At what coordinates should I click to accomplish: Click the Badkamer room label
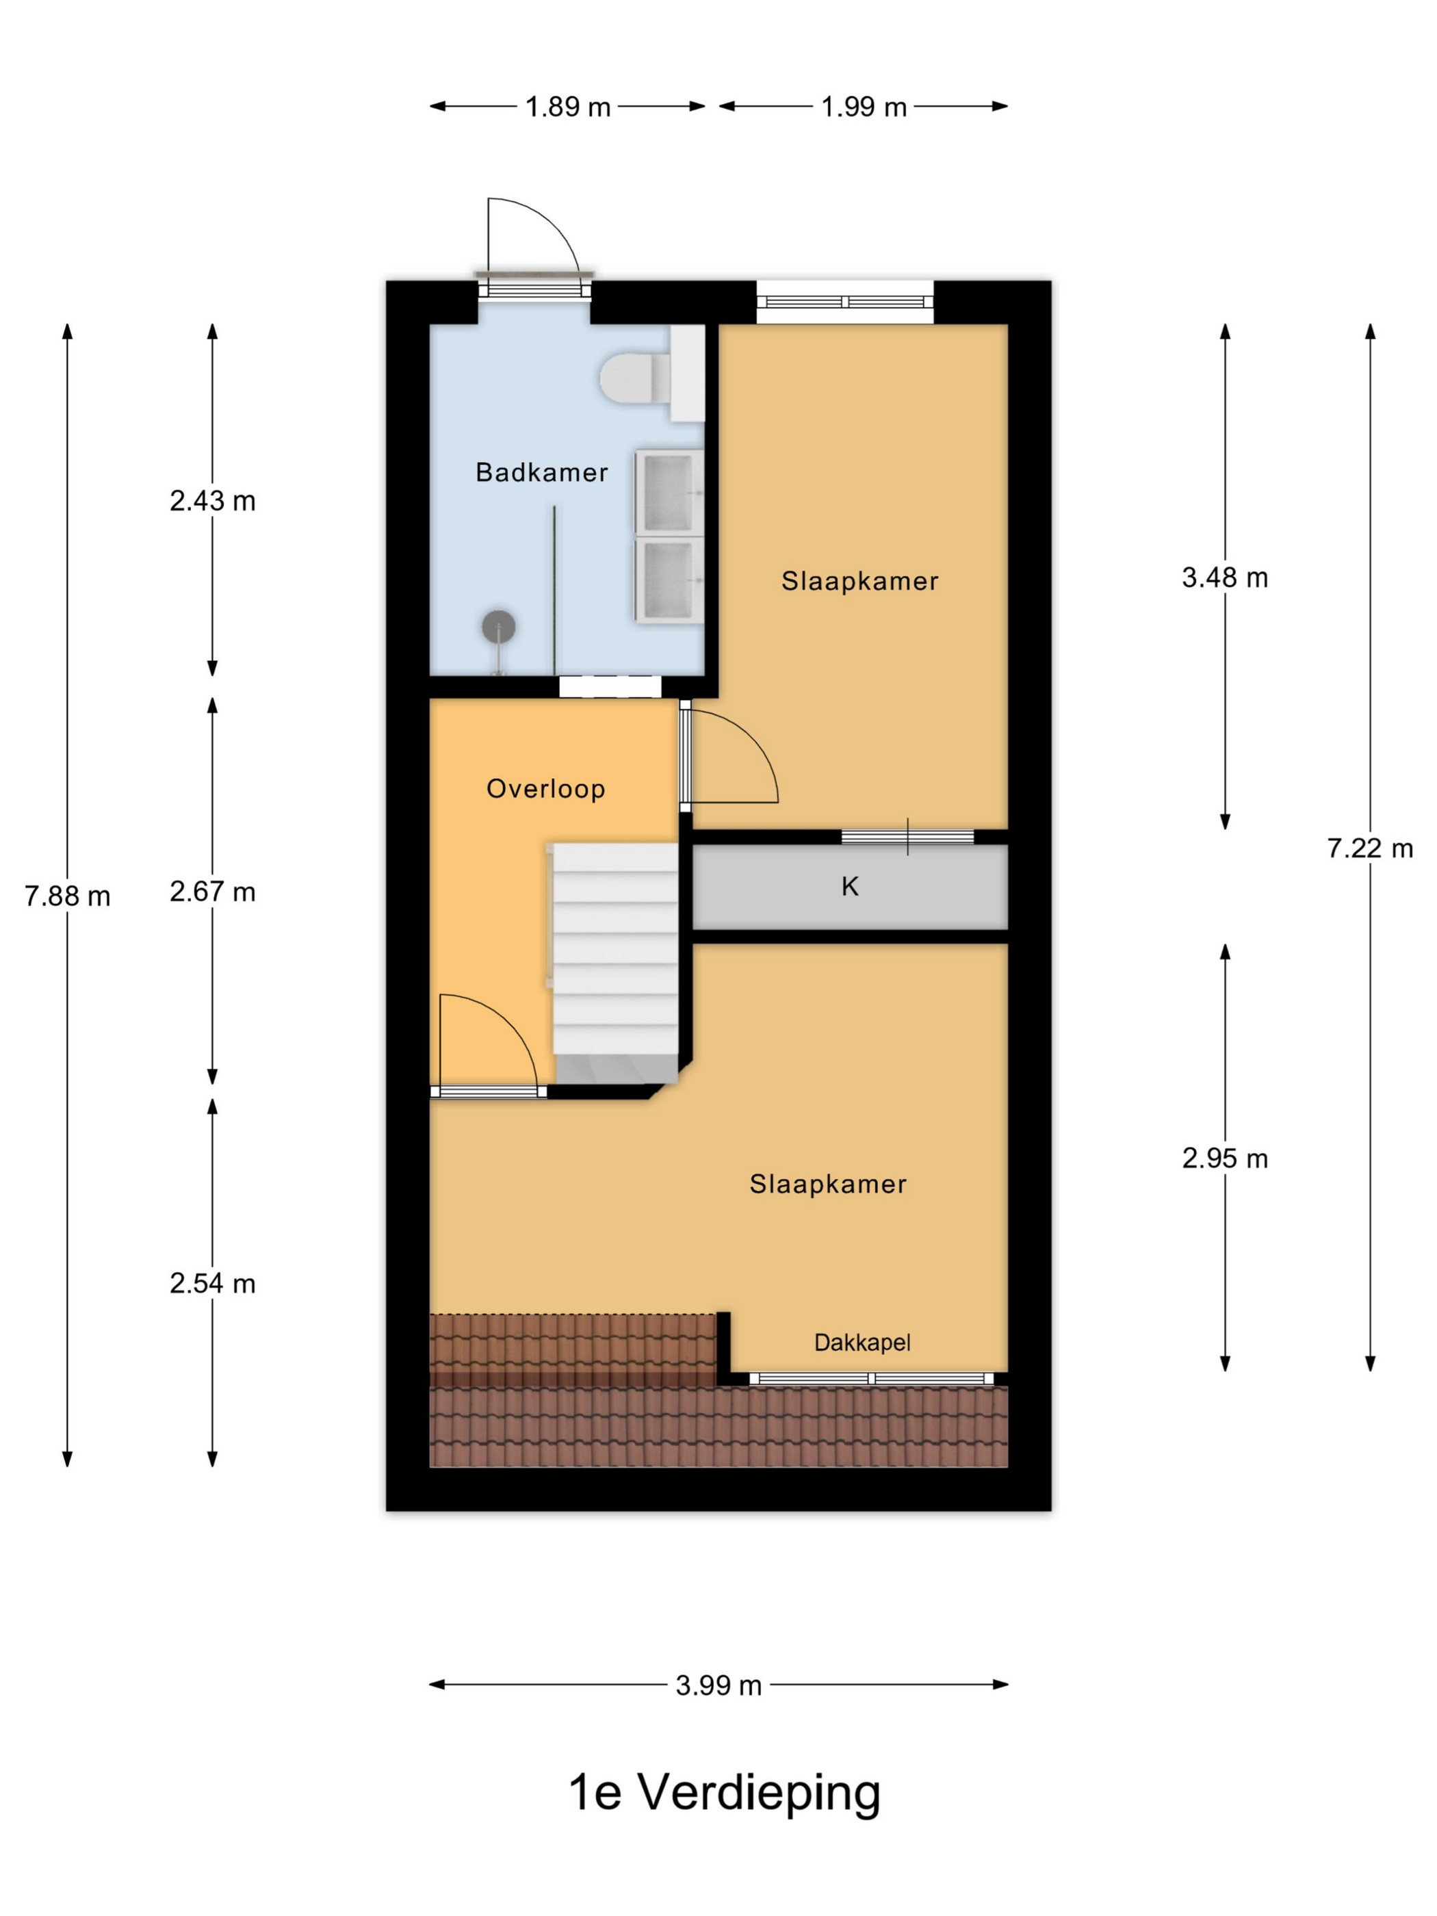point(541,472)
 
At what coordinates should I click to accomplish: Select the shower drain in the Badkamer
point(499,625)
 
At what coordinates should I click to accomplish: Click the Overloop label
point(545,788)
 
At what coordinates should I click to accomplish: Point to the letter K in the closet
point(850,886)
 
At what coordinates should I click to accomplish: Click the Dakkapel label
point(862,1342)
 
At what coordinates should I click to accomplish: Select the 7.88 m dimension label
point(68,896)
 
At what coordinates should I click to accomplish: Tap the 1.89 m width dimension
point(568,107)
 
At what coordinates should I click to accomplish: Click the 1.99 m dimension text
point(864,107)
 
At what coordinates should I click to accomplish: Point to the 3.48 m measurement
point(1225,577)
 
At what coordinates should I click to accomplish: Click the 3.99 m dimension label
point(719,1685)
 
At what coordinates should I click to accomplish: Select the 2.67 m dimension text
point(212,892)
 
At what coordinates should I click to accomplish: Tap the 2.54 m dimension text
point(212,1283)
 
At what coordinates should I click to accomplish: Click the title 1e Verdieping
point(724,1792)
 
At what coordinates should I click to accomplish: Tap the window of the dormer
point(871,1378)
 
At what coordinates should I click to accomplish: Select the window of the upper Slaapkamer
point(845,302)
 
